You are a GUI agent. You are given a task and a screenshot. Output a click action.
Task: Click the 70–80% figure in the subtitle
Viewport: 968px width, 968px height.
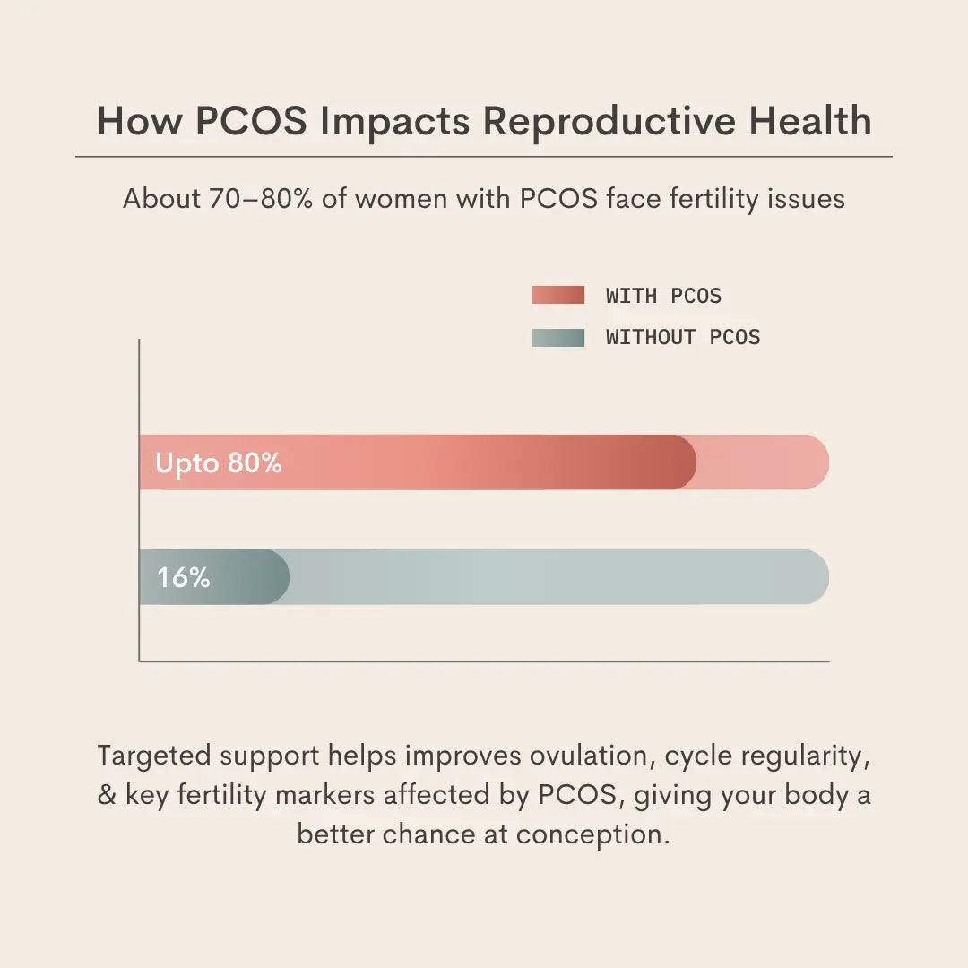coord(262,198)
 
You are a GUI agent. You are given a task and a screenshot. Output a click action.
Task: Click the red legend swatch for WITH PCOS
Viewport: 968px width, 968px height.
coord(557,295)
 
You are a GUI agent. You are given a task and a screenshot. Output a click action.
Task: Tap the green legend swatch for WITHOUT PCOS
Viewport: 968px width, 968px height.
coord(557,337)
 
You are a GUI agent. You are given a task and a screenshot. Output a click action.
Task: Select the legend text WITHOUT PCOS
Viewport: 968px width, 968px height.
coord(683,337)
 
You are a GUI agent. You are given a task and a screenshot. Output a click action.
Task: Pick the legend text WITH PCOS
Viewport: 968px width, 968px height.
coord(663,295)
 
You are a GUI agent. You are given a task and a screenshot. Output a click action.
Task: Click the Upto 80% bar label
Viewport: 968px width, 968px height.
coord(219,463)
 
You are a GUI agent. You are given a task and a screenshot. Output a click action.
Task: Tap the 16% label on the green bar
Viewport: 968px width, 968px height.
coord(184,578)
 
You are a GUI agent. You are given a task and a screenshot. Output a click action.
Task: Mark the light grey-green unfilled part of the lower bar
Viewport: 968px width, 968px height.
coord(556,577)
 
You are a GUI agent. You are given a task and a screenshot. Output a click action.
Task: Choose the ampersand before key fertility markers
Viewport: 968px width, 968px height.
coord(107,795)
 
